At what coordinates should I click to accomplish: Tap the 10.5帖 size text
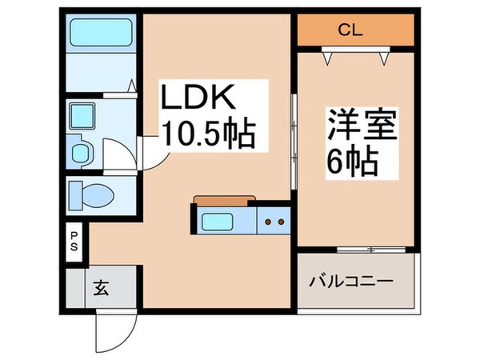(x=209, y=134)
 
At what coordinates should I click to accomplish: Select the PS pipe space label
(x=74, y=242)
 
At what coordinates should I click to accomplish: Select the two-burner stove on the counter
(x=274, y=221)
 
